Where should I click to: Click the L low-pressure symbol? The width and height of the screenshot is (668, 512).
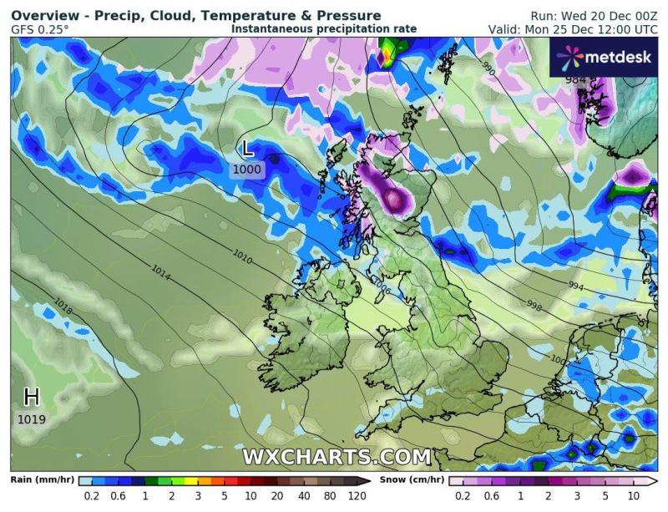(x=247, y=149)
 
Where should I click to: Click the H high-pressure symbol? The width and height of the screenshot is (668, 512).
(x=32, y=396)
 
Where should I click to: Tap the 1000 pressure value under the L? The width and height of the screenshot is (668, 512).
(x=247, y=170)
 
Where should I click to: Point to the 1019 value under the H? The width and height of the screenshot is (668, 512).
(x=32, y=418)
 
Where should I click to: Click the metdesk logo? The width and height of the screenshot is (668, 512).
(x=603, y=56)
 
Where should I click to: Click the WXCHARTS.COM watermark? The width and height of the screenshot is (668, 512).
(x=337, y=457)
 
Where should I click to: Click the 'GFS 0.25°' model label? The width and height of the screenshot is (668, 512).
(x=40, y=29)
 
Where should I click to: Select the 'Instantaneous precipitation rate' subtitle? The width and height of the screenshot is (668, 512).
(x=323, y=28)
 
